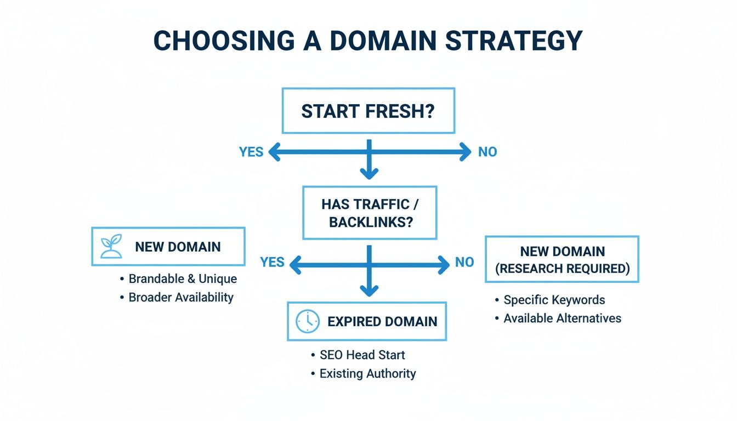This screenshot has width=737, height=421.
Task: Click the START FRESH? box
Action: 368,111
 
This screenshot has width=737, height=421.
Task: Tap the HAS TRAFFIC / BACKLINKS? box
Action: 370,213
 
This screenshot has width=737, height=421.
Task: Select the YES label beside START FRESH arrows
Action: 251,152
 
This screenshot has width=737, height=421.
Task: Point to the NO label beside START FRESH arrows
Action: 487,152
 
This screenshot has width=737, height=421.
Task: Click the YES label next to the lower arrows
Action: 273,262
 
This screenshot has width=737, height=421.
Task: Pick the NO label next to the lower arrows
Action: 464,262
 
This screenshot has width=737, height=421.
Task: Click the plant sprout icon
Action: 111,247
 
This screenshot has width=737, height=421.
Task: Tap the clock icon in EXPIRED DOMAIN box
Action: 307,321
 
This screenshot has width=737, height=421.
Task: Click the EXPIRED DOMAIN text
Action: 382,321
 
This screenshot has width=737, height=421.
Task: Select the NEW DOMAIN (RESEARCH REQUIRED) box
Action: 562,259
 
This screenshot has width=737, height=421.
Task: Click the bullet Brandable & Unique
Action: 183,278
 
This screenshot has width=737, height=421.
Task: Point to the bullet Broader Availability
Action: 181,297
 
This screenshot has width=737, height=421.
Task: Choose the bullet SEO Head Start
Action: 362,355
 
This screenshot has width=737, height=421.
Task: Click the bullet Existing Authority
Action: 367,373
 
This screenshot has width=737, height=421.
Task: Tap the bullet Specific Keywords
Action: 554,300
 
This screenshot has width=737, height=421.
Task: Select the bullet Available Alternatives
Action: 562,318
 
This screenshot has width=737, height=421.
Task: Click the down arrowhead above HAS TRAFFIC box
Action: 369,173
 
